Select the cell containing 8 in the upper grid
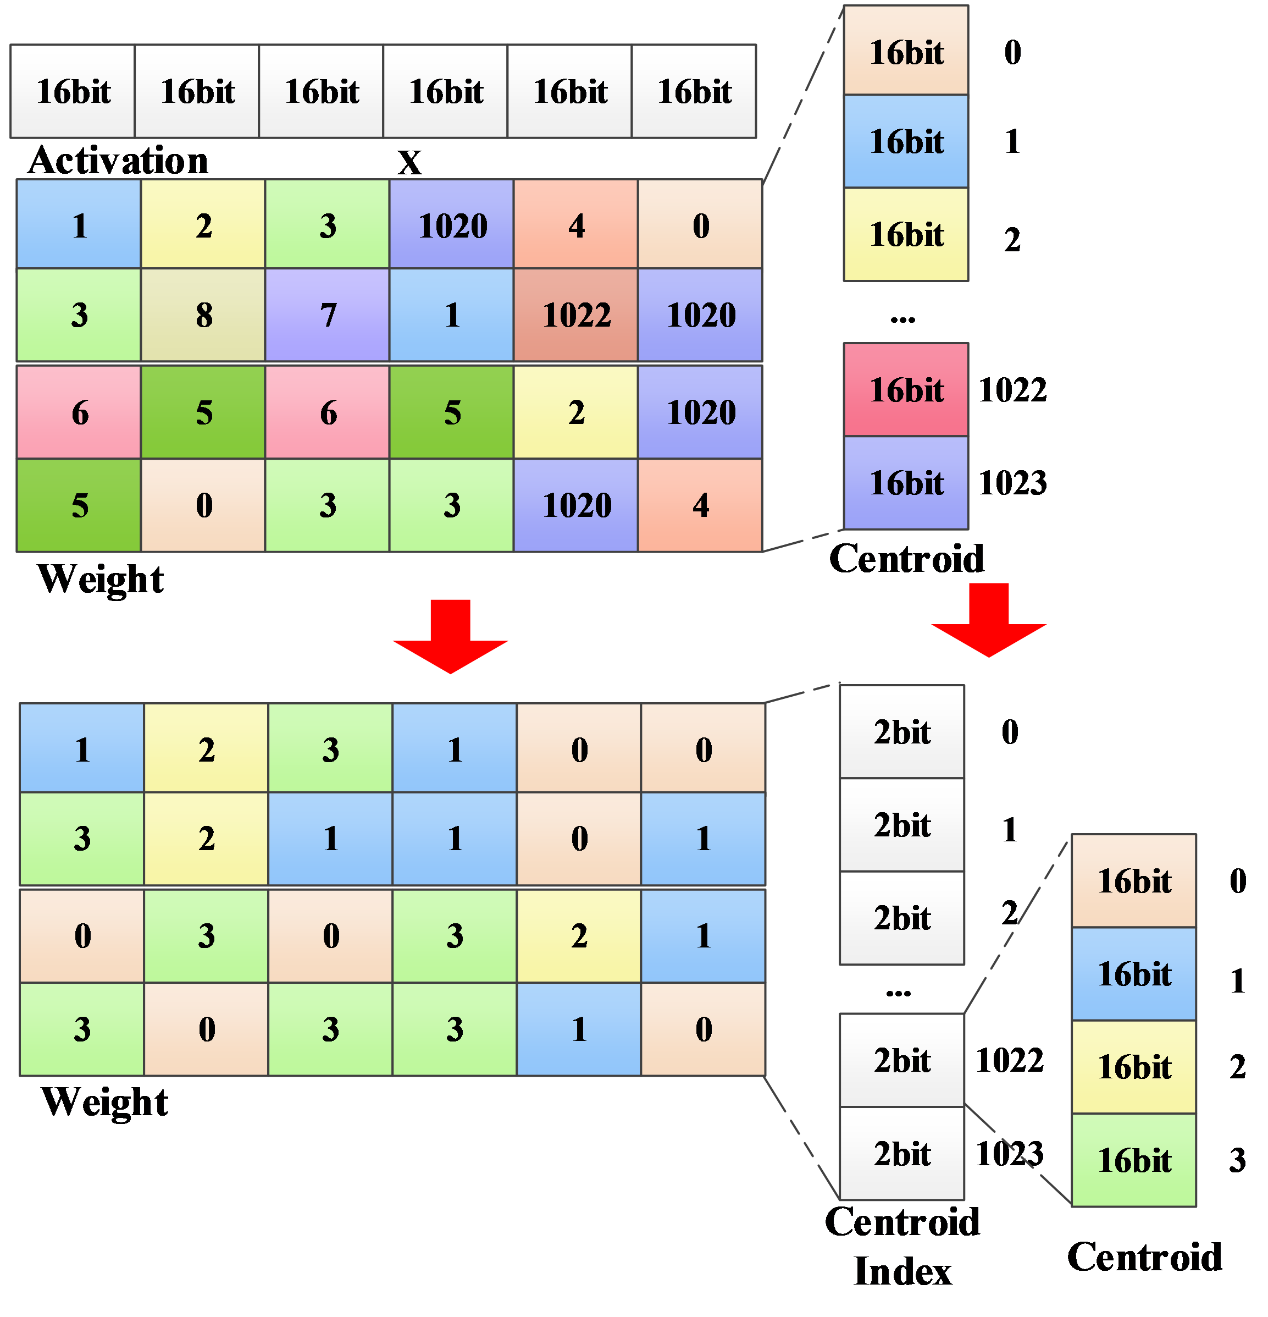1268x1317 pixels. pyautogui.click(x=203, y=315)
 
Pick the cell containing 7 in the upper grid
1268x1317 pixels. pyautogui.click(x=327, y=315)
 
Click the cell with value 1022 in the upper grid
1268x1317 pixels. pyautogui.click(x=575, y=315)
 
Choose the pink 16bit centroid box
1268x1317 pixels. pyautogui.click(x=905, y=390)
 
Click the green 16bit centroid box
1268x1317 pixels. pyautogui.click(x=1134, y=1160)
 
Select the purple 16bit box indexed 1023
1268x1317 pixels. pyautogui.click(x=905, y=482)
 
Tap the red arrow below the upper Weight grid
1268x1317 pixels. pyautogui.click(x=450, y=636)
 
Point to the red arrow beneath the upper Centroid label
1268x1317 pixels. pyautogui.click(x=989, y=620)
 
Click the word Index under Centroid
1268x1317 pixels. pyautogui.click(x=902, y=1271)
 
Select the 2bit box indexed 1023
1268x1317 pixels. pyautogui.click(x=902, y=1153)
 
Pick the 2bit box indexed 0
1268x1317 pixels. pyautogui.click(x=902, y=732)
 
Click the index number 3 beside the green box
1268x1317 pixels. pyautogui.click(x=1237, y=1160)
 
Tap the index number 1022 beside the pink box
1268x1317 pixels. pyautogui.click(x=1012, y=390)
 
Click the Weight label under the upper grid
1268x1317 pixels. pyautogui.click(x=101, y=579)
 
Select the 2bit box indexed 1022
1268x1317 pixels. pyautogui.click(x=902, y=1060)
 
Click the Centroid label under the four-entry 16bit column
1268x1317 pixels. pyautogui.click(x=1144, y=1257)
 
